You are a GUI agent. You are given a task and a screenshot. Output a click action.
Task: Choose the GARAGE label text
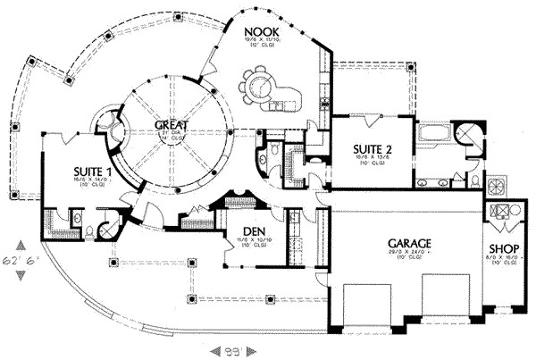tap(410, 243)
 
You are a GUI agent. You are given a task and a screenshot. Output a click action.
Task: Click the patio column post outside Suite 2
tap(412, 64)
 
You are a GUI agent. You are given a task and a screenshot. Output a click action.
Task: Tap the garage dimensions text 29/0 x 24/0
tap(410, 254)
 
